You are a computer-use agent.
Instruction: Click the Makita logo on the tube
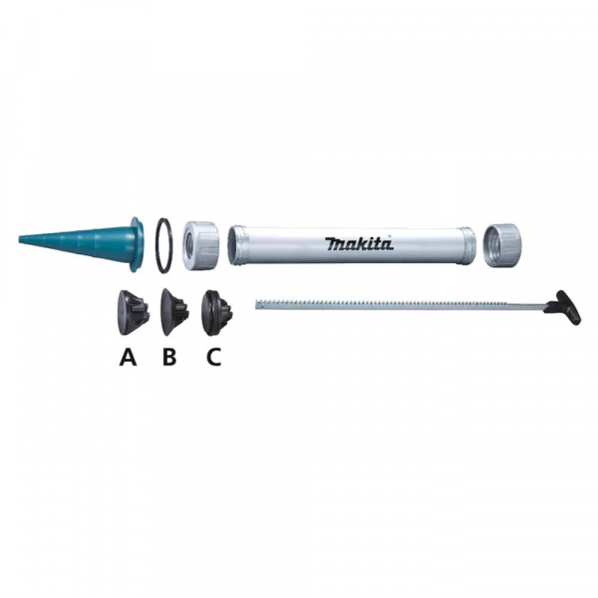point(359,244)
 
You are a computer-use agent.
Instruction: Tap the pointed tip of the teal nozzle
point(20,239)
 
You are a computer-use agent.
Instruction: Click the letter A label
point(128,358)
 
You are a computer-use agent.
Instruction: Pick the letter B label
point(169,358)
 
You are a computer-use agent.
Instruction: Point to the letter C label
point(213,358)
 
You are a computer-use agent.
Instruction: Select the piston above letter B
point(174,312)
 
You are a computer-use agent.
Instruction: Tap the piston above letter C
point(217,313)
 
